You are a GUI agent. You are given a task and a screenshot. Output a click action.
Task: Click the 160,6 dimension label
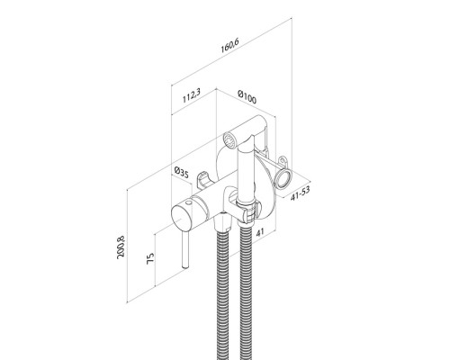[x=229, y=46]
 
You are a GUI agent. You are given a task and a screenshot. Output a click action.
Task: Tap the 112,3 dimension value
[x=192, y=95]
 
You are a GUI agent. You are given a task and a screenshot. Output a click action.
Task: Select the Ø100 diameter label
[x=247, y=97]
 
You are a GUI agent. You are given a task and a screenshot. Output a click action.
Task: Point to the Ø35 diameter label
[x=181, y=173]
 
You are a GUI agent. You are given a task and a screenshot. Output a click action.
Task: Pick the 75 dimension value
[x=150, y=258]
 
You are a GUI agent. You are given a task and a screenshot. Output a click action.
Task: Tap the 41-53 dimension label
[x=301, y=193]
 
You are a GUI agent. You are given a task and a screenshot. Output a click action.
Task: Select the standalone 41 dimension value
[x=260, y=232]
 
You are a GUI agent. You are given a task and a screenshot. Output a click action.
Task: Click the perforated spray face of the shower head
[x=229, y=139]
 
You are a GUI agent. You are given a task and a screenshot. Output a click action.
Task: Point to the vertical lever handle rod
[x=184, y=248]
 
